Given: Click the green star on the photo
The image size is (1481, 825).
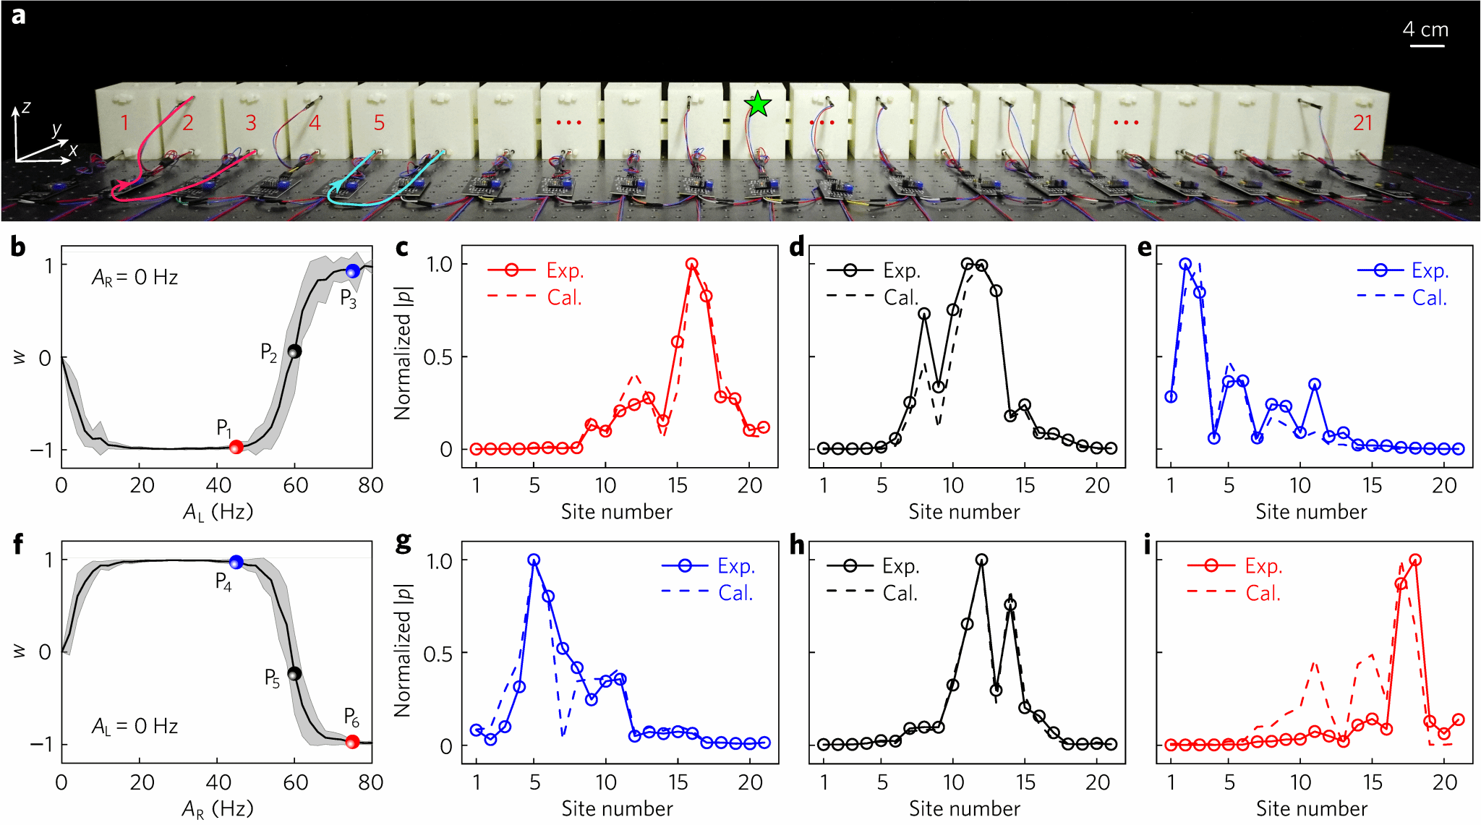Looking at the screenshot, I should click(x=757, y=105).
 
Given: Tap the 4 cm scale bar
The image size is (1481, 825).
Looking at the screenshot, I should click(x=1426, y=46).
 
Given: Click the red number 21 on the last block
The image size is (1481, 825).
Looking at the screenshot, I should click(x=1362, y=123).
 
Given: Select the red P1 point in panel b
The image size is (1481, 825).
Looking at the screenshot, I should click(x=236, y=448).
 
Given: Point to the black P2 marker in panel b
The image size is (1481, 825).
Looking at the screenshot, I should click(x=294, y=351).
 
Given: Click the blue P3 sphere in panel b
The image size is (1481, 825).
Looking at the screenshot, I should click(x=352, y=271).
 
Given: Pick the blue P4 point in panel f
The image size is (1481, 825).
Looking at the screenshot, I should click(x=236, y=563).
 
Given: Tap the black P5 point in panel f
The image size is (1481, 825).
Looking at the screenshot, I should click(x=294, y=673).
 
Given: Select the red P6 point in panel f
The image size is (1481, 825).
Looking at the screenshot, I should click(x=352, y=742).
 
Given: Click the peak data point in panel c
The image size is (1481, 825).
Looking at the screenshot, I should click(x=692, y=265).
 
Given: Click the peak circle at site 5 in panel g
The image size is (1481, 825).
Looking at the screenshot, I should click(x=534, y=560).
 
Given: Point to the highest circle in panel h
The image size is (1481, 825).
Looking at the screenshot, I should click(x=981, y=560).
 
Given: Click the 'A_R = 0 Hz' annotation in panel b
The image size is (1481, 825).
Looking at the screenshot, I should click(x=135, y=278).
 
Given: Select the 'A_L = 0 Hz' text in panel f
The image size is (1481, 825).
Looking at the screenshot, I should click(x=135, y=726).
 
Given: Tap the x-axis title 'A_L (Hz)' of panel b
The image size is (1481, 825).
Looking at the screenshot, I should click(x=218, y=513).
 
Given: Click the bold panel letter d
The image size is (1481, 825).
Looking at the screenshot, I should click(x=797, y=248).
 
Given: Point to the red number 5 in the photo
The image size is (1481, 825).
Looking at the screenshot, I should click(x=379, y=123).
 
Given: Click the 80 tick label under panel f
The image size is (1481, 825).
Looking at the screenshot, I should click(x=370, y=782).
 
